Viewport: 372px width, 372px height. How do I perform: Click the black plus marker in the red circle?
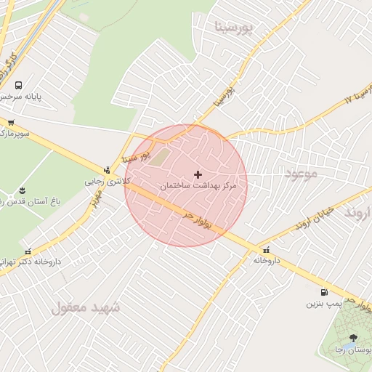[198, 174]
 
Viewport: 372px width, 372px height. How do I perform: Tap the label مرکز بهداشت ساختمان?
[203, 187]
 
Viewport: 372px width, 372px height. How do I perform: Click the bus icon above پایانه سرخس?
[17, 85]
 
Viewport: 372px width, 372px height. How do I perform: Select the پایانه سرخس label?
[18, 97]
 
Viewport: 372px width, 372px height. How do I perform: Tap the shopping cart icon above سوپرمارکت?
[11, 122]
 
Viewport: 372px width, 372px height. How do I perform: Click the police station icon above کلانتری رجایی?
[107, 170]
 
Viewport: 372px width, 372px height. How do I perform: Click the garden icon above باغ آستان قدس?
[21, 190]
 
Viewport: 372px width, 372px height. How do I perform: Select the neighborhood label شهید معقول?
[86, 307]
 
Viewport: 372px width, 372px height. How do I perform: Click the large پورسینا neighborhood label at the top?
[237, 28]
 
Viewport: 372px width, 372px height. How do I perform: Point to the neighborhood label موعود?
[302, 174]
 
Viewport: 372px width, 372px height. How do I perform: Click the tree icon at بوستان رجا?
[353, 338]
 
